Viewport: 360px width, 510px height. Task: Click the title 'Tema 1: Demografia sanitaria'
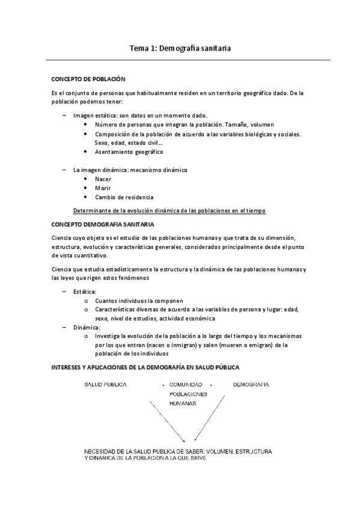click(x=180, y=47)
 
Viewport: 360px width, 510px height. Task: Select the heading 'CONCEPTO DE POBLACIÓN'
click(x=88, y=79)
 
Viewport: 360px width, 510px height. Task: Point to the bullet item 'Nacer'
click(x=103, y=179)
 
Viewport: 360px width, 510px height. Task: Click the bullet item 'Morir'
click(x=103, y=188)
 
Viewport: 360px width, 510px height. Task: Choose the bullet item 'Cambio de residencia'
click(x=124, y=197)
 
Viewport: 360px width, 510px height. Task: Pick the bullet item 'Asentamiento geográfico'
click(x=129, y=152)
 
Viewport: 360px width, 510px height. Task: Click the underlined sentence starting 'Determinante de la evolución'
click(x=168, y=210)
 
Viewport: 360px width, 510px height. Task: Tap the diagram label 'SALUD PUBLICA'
click(x=105, y=384)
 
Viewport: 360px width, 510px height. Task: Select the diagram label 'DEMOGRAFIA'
click(x=251, y=384)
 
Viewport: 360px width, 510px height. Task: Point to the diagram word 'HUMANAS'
click(x=183, y=404)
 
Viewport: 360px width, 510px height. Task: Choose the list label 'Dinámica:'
click(x=87, y=327)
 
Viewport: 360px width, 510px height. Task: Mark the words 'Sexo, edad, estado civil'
click(x=127, y=143)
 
